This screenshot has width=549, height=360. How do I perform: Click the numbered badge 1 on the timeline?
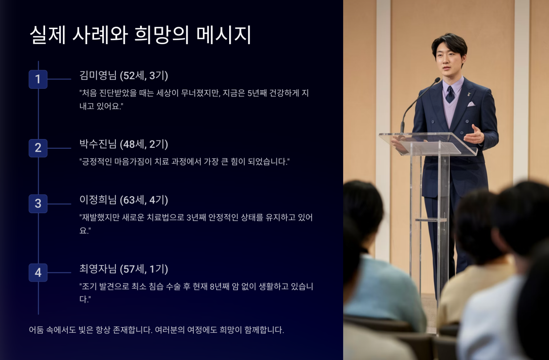pyautogui.click(x=38, y=79)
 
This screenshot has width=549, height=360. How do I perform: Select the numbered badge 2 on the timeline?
pyautogui.click(x=38, y=148)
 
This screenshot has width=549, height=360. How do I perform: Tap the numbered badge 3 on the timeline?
pyautogui.click(x=38, y=203)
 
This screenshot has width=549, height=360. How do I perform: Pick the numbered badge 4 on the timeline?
pyautogui.click(x=38, y=272)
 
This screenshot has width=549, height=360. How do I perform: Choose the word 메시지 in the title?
pyautogui.click(x=224, y=35)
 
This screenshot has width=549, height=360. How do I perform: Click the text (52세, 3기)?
pyautogui.click(x=144, y=76)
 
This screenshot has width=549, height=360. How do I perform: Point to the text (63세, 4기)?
pyautogui.click(x=144, y=200)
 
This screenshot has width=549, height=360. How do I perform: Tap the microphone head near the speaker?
pyautogui.click(x=437, y=80)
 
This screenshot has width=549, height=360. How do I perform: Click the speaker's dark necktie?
pyautogui.click(x=450, y=94)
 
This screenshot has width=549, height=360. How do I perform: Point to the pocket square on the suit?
pyautogui.click(x=471, y=104)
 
